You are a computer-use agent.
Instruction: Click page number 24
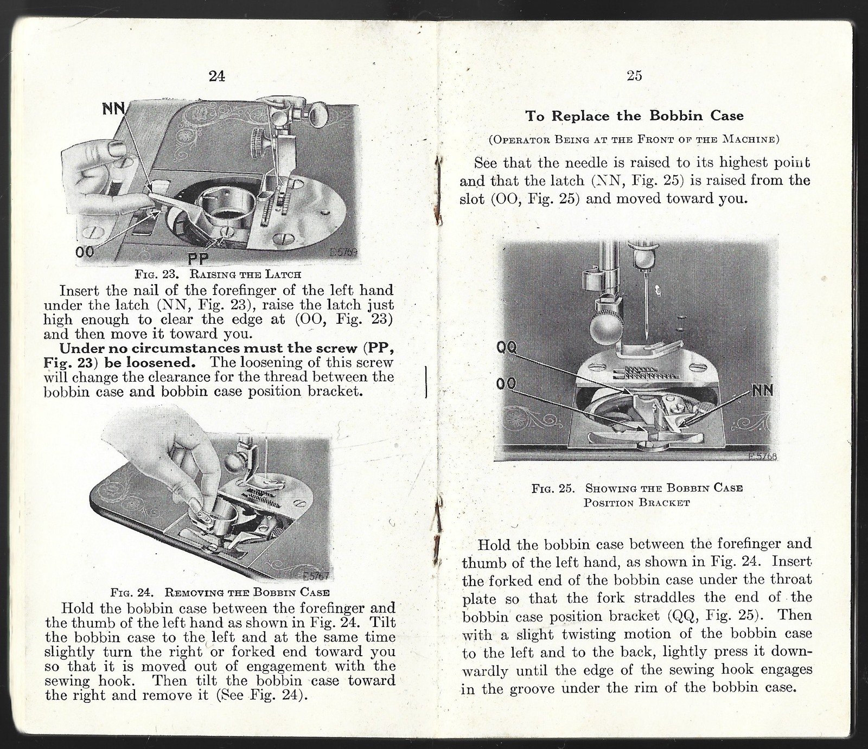pos(216,76)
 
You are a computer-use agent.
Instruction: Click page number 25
pos(634,76)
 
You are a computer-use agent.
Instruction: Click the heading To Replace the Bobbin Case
pos(634,116)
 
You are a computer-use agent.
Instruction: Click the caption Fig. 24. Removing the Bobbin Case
pos(220,592)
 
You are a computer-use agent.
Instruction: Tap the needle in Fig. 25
pos(647,315)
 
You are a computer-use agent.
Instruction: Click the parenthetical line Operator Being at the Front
pos(634,139)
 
